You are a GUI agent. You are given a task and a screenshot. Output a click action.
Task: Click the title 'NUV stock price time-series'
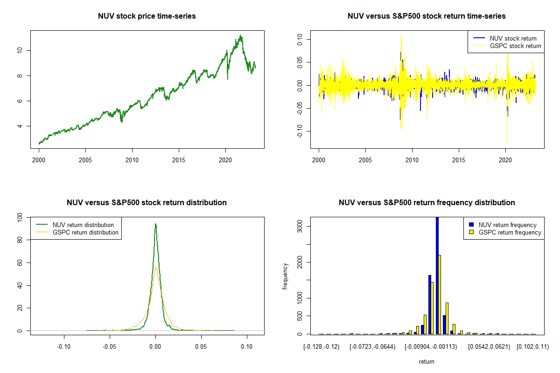(x=147, y=16)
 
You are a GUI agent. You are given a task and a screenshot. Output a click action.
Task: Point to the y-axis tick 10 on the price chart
(x=19, y=50)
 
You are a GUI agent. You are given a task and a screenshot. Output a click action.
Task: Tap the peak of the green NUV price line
(x=240, y=35)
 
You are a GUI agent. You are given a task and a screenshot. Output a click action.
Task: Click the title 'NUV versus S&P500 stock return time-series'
(x=427, y=16)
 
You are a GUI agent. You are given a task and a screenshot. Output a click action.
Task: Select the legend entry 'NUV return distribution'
(x=84, y=225)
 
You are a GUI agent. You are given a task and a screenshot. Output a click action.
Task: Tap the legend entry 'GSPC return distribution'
(x=85, y=232)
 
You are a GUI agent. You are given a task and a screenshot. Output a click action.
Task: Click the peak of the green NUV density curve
(x=155, y=224)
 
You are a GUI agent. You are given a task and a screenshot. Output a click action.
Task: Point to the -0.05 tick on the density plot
(x=110, y=346)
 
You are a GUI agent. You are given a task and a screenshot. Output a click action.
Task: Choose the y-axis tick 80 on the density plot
(x=19, y=240)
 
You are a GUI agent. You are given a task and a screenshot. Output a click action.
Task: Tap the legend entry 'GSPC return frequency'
(x=510, y=232)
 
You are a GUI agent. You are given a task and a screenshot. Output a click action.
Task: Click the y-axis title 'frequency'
(x=286, y=276)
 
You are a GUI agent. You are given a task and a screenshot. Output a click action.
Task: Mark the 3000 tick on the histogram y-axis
(x=299, y=227)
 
